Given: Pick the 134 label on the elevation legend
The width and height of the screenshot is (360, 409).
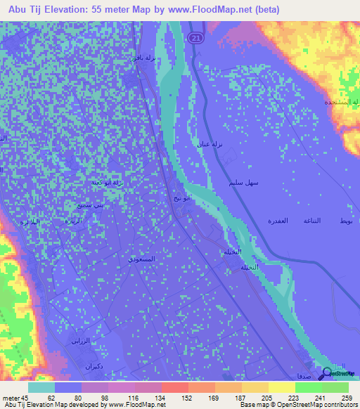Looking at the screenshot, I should point(162,398).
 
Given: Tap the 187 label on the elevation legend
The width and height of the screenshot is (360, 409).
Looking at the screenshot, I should point(242,398).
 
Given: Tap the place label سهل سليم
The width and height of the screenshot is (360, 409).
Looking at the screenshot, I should point(244,183).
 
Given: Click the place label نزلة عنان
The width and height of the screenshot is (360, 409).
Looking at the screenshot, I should point(209,143).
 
